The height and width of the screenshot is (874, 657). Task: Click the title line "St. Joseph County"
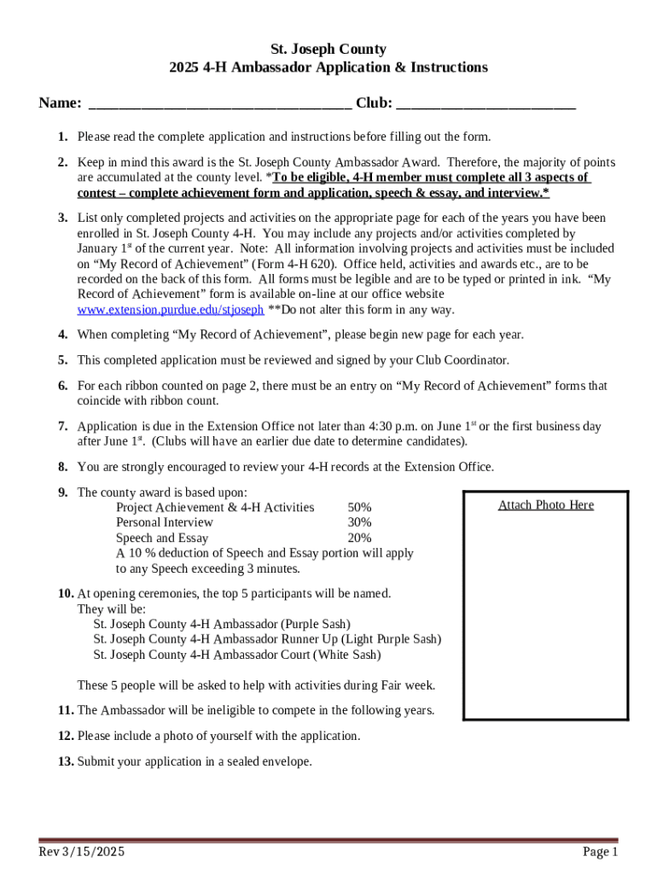coord(328,50)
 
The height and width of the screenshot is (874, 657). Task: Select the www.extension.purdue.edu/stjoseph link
coord(170,310)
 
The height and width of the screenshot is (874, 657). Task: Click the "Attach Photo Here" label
coord(545,505)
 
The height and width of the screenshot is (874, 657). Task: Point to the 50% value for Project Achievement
coord(359,508)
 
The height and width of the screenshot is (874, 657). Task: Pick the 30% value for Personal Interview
coord(359,522)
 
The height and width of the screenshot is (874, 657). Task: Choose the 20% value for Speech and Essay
coord(359,538)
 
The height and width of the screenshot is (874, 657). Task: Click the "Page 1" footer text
coord(600,852)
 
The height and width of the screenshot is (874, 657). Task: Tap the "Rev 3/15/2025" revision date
coord(82,852)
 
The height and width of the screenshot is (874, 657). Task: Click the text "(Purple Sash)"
coord(316,624)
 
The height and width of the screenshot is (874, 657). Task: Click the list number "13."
coord(66,762)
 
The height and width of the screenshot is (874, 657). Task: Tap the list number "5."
coord(63,360)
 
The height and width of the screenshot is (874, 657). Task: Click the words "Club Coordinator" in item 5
coord(464,360)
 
